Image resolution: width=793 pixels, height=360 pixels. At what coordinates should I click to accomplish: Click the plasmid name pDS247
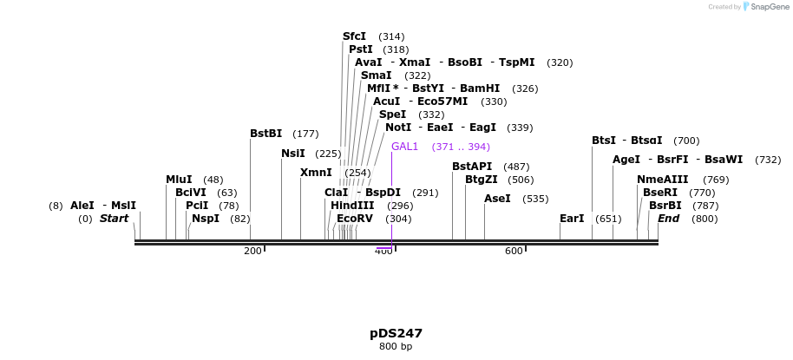(x=396, y=333)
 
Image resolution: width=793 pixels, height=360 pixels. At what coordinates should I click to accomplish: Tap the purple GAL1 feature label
(x=404, y=147)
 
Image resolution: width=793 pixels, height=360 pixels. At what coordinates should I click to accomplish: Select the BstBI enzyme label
(x=265, y=134)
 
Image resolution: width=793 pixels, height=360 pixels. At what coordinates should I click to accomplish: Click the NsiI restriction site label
(x=292, y=154)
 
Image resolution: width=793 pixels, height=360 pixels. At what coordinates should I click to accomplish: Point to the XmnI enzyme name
(x=316, y=173)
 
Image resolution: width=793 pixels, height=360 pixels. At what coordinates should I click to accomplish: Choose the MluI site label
(x=179, y=180)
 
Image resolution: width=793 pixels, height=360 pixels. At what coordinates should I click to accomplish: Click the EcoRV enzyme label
(x=354, y=219)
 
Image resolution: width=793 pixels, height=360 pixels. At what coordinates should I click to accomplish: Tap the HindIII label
(x=352, y=206)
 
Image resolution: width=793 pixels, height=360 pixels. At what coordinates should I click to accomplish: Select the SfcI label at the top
(x=354, y=36)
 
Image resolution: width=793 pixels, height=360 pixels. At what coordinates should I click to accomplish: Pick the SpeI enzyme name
(x=392, y=115)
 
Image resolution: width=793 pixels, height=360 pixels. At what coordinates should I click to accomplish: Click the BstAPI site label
(x=472, y=167)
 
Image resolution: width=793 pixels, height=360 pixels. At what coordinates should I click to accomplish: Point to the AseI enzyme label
(x=497, y=199)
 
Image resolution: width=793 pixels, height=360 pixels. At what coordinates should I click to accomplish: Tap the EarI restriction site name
(x=572, y=219)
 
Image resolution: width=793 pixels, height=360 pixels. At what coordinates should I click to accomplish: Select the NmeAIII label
(x=662, y=180)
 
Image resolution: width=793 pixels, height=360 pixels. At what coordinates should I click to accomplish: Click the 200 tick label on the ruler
(x=252, y=252)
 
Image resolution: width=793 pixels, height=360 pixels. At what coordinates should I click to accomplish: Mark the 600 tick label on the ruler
(x=514, y=252)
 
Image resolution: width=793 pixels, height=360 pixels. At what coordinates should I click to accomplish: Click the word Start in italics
(x=114, y=219)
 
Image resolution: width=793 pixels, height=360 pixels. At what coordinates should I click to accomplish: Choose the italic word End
(x=668, y=219)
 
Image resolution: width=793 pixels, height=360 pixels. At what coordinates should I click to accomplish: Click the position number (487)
(x=516, y=167)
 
